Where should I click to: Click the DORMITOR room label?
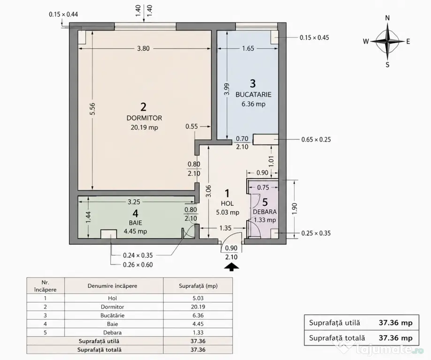[x=144, y=118]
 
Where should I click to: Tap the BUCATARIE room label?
[x=253, y=95]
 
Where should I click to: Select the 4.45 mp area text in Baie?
[x=135, y=231]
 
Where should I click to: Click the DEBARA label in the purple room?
[x=265, y=212]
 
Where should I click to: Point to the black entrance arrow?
[x=231, y=267]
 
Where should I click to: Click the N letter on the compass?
[x=387, y=18]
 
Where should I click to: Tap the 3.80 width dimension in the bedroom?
[x=143, y=49]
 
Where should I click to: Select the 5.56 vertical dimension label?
[x=92, y=109]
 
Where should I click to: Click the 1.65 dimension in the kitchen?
[x=248, y=48]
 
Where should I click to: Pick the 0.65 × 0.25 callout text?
[x=316, y=140]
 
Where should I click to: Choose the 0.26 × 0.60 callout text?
[x=138, y=265]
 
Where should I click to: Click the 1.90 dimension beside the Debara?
[x=295, y=209]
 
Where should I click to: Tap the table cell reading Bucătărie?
[x=113, y=315]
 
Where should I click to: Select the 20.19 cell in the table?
[x=198, y=307]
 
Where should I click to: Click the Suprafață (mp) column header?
[x=198, y=286]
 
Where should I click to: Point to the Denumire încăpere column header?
[x=113, y=286]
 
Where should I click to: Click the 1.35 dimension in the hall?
[x=226, y=228]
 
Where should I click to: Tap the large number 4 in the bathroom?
[x=135, y=214]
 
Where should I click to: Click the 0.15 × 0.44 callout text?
[x=63, y=14]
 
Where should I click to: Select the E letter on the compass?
[x=408, y=42]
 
